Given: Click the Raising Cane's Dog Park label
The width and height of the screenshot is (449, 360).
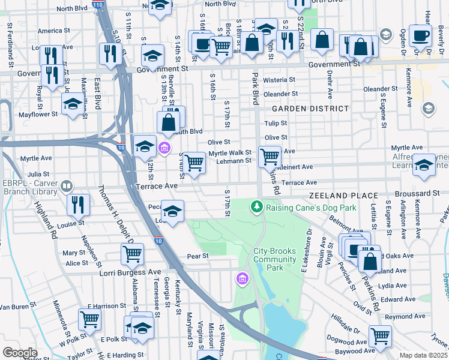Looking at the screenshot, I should (311, 208).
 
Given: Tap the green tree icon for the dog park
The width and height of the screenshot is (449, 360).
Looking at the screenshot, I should (257, 207).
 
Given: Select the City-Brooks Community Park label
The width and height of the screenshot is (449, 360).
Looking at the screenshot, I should (275, 259).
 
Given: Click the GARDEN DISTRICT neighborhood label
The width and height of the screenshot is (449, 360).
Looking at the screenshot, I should (310, 109).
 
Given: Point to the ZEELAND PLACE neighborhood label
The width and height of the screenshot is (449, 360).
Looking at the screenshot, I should (343, 196).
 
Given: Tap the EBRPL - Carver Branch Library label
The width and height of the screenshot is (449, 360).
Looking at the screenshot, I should (31, 187).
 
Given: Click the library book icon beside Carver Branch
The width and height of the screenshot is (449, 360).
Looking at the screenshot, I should (67, 187).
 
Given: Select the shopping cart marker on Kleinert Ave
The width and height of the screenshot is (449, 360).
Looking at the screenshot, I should (270, 157).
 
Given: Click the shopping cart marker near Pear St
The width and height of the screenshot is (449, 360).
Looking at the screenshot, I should (132, 253).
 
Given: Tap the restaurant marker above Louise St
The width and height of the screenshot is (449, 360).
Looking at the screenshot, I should (79, 205).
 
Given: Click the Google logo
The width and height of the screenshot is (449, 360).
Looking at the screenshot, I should (19, 353).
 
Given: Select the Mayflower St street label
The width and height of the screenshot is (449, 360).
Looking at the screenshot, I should (38, 113).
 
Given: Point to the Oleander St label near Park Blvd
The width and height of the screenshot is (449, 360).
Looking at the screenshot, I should (280, 94).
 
